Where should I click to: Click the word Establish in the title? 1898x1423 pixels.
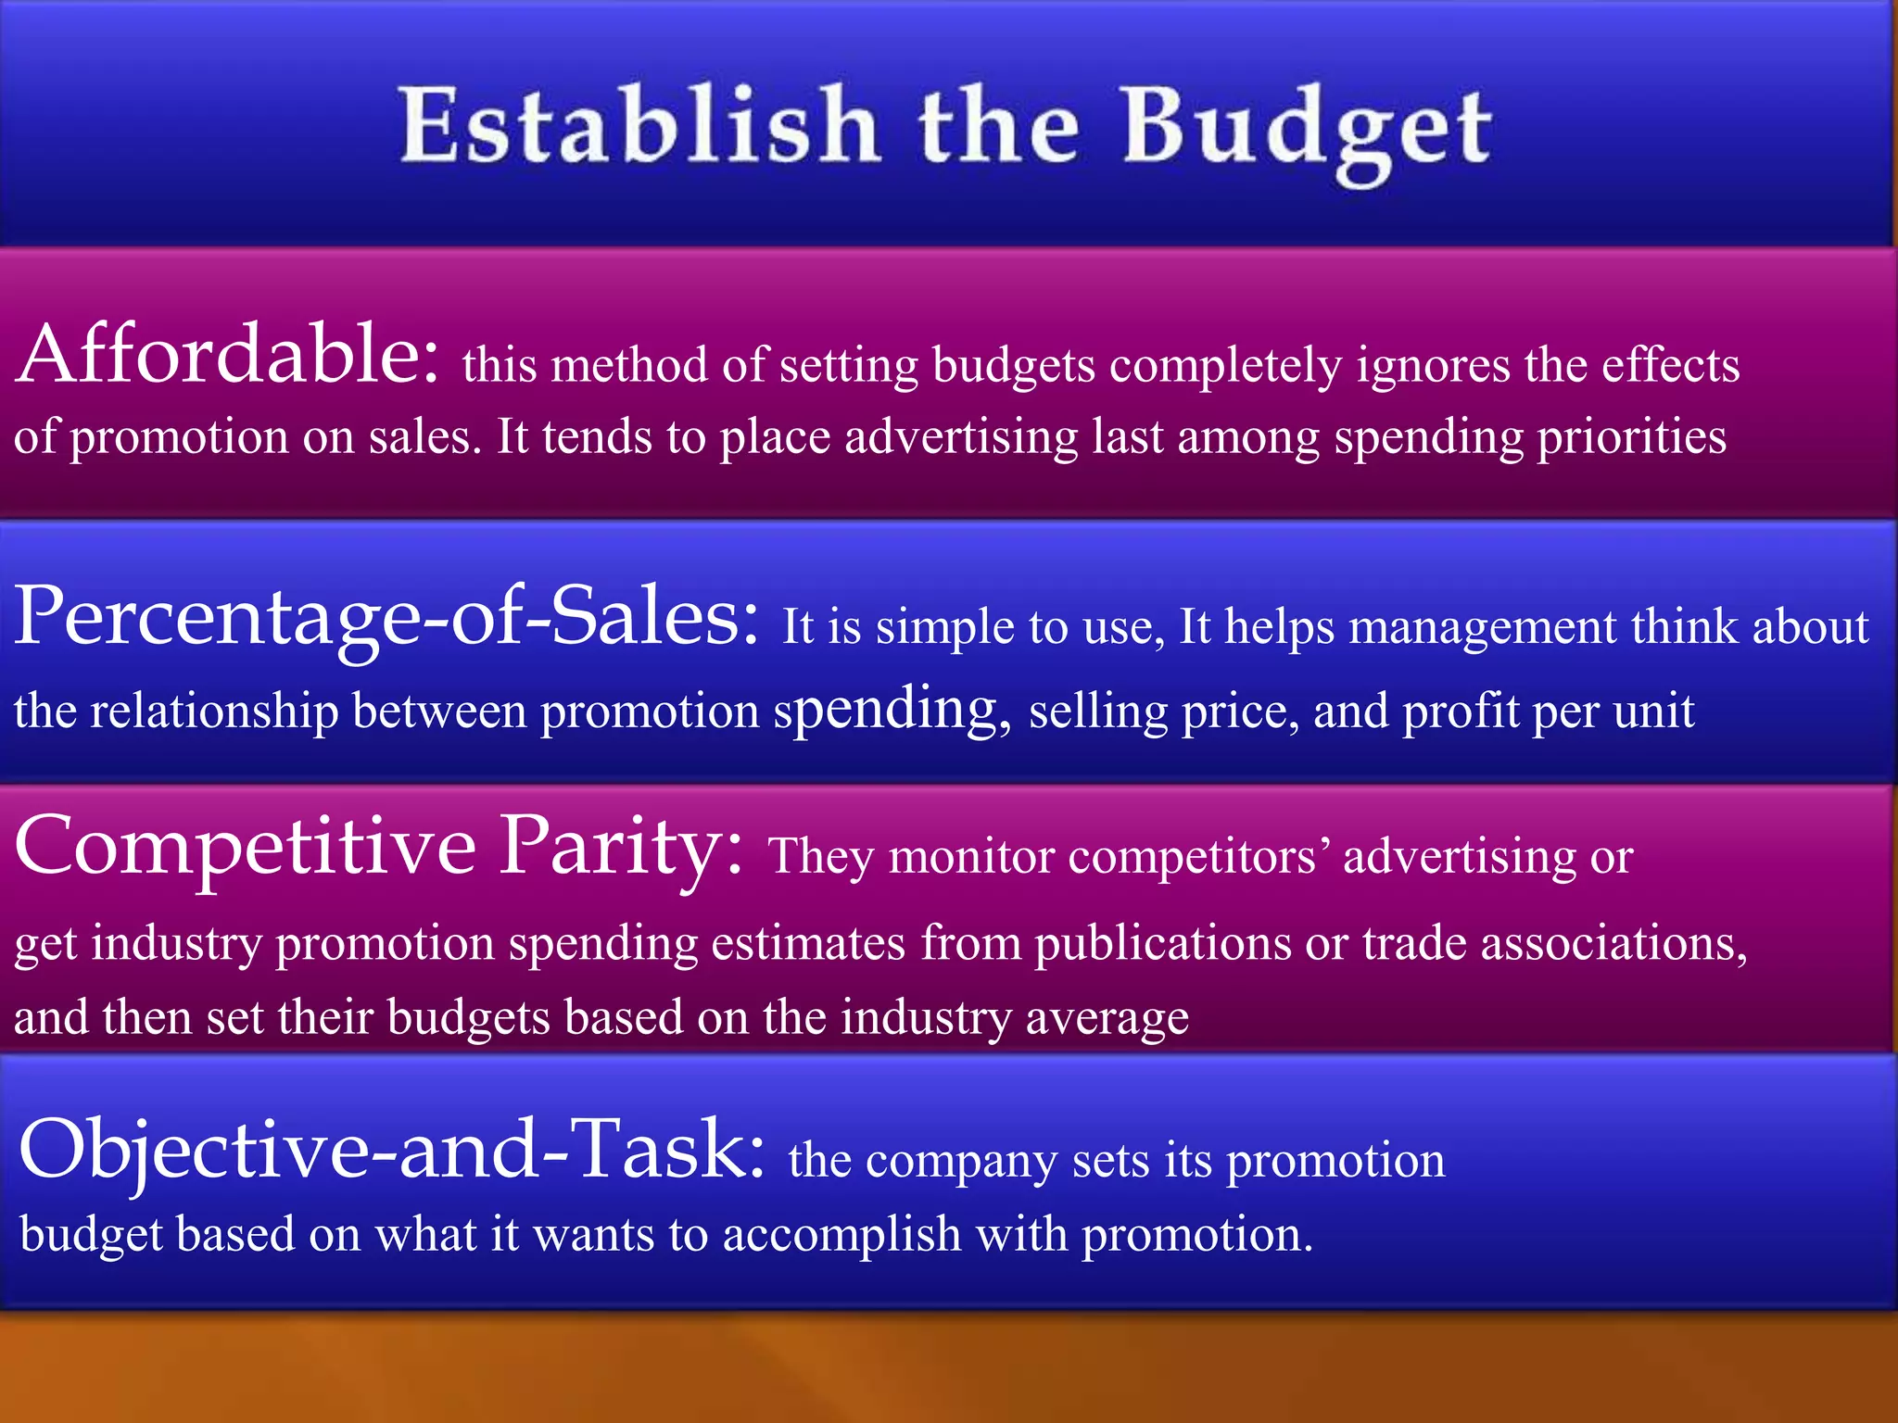[x=639, y=125]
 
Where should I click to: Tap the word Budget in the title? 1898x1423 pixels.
[x=1307, y=130]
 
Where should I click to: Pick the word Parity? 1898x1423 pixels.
[x=621, y=847]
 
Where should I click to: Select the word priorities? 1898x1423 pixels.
[x=1632, y=437]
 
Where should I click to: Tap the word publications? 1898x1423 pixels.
[x=1163, y=944]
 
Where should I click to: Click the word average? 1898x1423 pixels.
[x=1107, y=1018]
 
